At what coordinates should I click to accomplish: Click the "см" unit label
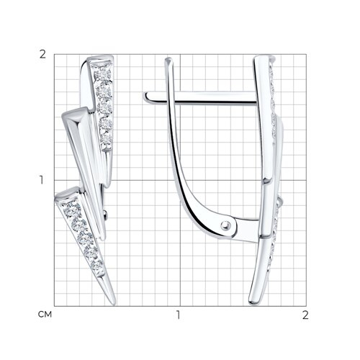coord(45,314)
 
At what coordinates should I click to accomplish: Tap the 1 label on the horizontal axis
coord(178,315)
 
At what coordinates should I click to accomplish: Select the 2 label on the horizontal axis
coord(305,315)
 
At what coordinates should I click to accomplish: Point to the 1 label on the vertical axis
coord(42,180)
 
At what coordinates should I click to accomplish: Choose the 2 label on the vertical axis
coord(42,55)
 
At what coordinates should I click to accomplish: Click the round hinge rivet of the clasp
coord(225,225)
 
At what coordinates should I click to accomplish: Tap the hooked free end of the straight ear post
coord(146,97)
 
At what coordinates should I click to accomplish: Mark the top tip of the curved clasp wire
coord(168,59)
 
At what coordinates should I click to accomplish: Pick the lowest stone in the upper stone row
coord(106,139)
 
